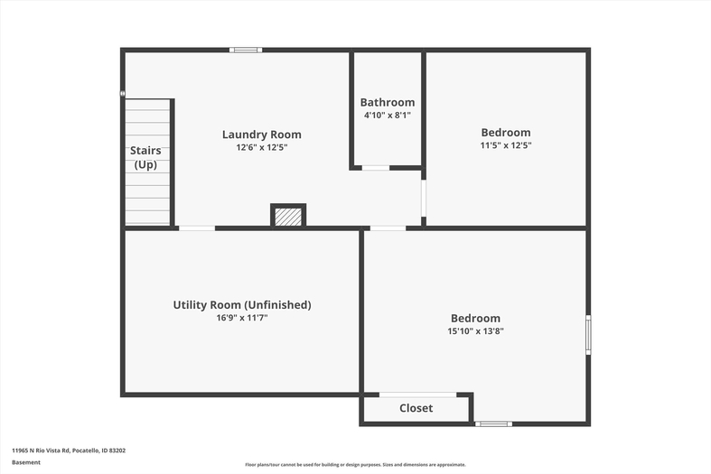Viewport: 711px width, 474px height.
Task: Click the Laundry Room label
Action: coord(262,135)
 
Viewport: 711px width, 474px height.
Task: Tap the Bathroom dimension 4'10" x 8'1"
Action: coord(388,115)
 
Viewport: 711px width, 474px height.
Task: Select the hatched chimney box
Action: coord(288,216)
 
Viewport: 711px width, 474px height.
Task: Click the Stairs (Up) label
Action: coord(145,157)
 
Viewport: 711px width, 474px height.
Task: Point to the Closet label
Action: coord(416,408)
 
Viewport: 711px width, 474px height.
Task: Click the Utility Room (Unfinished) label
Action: coord(242,305)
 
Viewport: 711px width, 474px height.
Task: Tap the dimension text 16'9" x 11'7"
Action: coord(242,318)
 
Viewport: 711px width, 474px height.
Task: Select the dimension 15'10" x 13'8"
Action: coord(476,330)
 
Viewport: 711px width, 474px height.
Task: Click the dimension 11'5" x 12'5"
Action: coord(506,145)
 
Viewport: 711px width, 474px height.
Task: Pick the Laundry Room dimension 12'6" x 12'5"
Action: coord(262,147)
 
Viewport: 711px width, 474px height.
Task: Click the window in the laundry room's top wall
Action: coord(246,50)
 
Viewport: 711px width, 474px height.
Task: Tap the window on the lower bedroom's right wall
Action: coord(588,335)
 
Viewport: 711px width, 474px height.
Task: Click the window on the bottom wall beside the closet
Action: coord(494,424)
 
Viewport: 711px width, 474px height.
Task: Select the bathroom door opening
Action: coord(376,168)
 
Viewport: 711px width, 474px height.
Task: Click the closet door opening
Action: coord(417,395)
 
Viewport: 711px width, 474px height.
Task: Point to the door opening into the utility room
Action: coord(197,228)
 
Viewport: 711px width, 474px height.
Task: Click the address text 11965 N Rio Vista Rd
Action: coord(41,451)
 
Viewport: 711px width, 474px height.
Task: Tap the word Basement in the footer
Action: coord(26,462)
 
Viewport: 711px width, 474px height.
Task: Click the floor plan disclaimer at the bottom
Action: coord(356,464)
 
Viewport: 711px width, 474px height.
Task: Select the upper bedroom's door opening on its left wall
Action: coord(424,199)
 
